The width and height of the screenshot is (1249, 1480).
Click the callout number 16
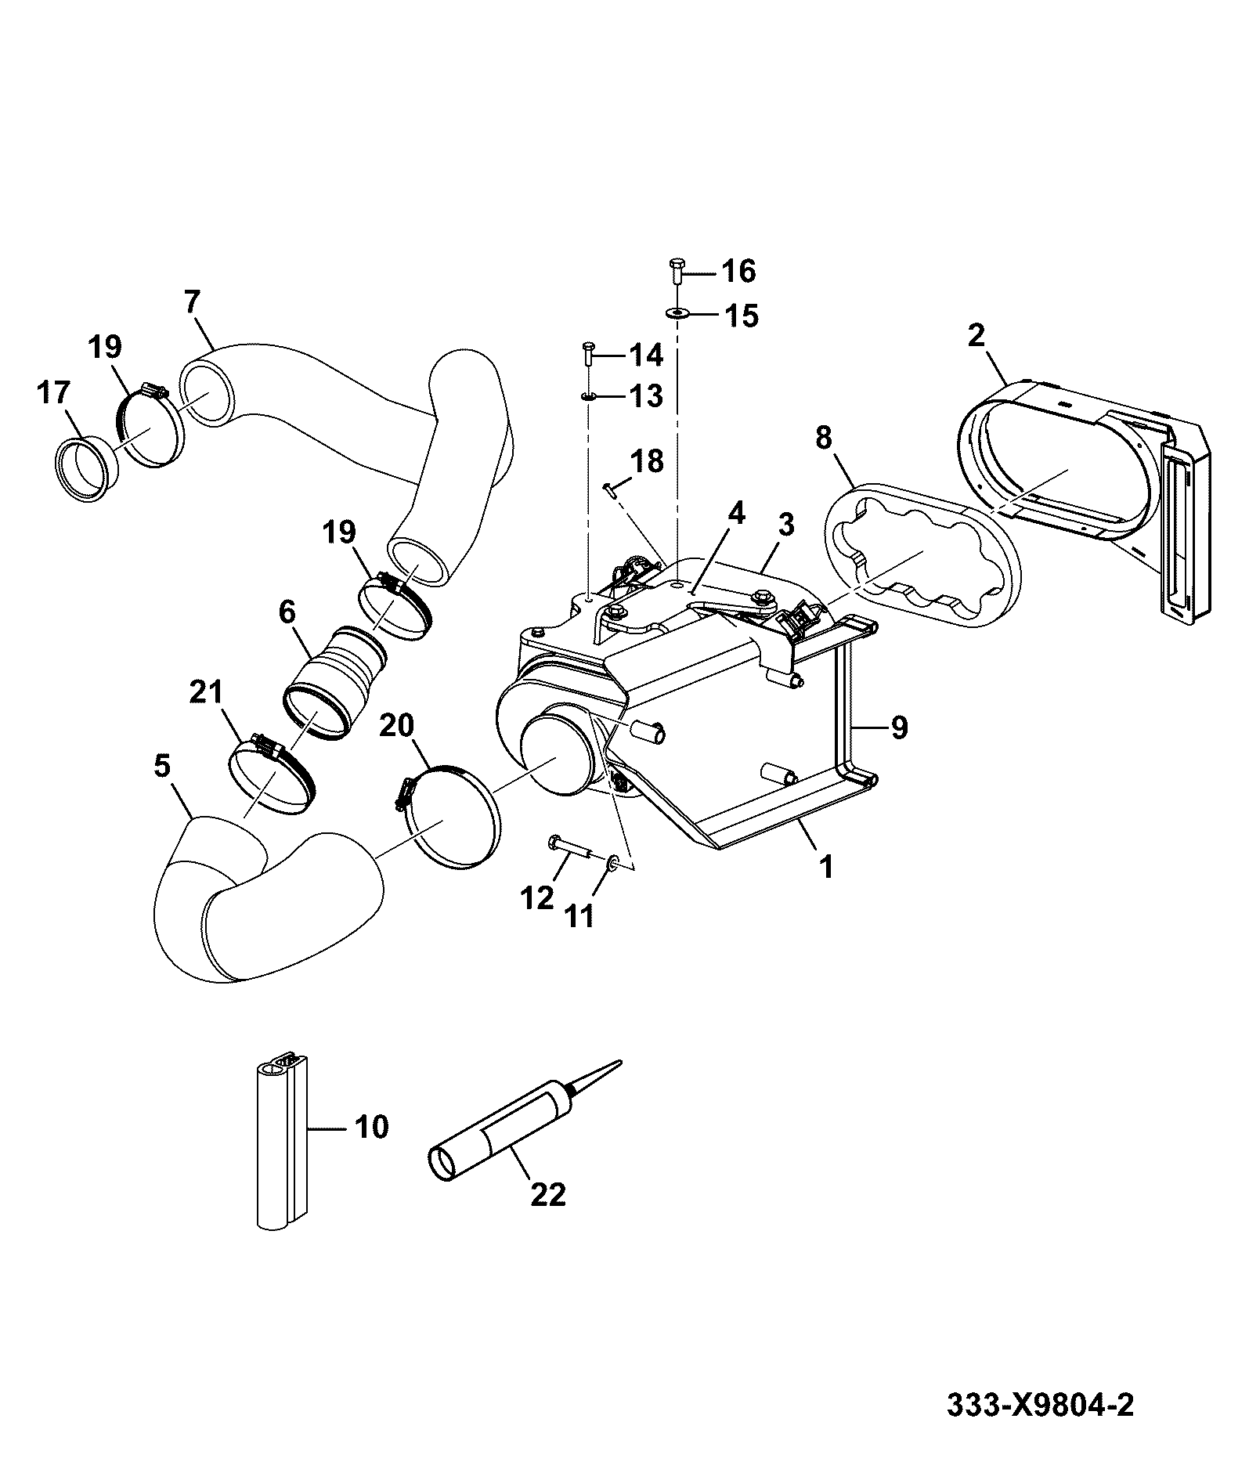point(738,271)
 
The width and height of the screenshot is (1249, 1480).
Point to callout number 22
point(547,1194)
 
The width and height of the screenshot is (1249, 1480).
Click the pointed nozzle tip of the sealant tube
point(620,1062)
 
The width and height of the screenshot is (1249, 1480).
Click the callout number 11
point(579,915)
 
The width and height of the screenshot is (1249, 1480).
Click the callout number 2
point(976,335)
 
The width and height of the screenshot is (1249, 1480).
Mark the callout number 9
point(898,727)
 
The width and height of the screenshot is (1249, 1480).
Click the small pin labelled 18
point(612,490)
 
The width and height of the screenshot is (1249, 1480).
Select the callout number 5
point(161,766)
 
